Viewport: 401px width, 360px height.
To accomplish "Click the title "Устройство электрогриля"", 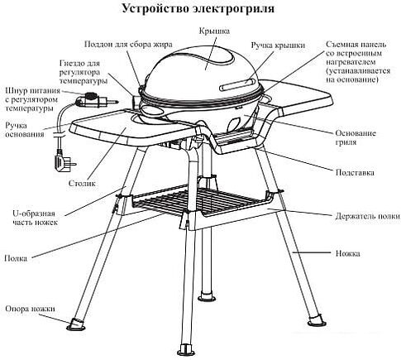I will point(199,10).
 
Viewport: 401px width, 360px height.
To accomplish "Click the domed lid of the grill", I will point(207,66).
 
